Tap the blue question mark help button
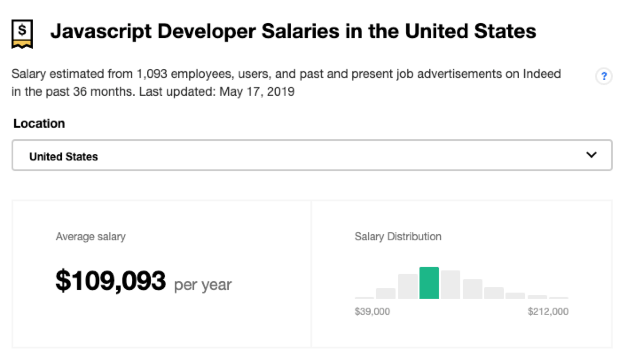(603, 76)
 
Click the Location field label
(39, 123)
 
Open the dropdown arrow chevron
(591, 155)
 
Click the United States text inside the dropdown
(63, 157)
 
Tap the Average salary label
(90, 237)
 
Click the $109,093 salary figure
(110, 281)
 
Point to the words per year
(203, 284)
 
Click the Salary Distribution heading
(398, 237)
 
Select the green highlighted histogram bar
(429, 283)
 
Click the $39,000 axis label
(372, 312)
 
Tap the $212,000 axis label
(548, 312)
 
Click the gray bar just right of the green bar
(451, 285)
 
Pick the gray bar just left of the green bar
(408, 286)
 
